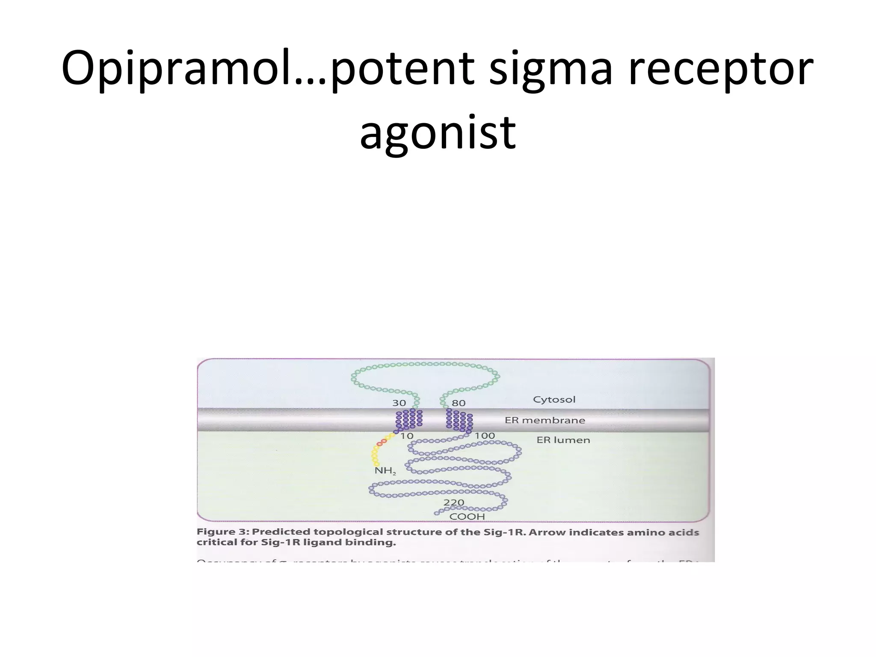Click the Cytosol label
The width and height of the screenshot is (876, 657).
(x=554, y=400)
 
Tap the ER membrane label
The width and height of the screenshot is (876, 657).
(x=545, y=420)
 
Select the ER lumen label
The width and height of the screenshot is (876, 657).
(x=563, y=440)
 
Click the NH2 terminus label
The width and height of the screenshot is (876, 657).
(x=385, y=471)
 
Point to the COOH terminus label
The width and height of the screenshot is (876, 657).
(x=467, y=517)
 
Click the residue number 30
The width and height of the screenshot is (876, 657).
(x=399, y=403)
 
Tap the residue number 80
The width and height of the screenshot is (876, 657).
(x=459, y=403)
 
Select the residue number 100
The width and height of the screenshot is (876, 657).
(x=485, y=436)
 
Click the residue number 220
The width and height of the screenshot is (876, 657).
(x=453, y=503)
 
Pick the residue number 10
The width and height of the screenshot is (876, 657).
(x=407, y=436)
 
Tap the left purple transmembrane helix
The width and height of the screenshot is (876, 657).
(x=409, y=419)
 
